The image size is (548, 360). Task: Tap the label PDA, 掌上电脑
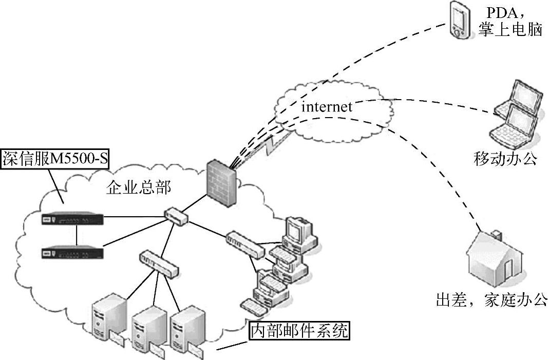tap(509, 21)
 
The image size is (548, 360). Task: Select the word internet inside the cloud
tap(327, 107)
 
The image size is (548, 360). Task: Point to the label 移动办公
tap(505, 159)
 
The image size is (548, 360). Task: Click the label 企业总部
tap(138, 187)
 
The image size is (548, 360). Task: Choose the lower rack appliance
tap(73, 253)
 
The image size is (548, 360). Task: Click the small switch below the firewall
tap(176, 216)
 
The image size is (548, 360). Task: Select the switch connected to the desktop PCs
tap(244, 243)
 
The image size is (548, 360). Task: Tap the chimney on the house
tap(496, 236)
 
